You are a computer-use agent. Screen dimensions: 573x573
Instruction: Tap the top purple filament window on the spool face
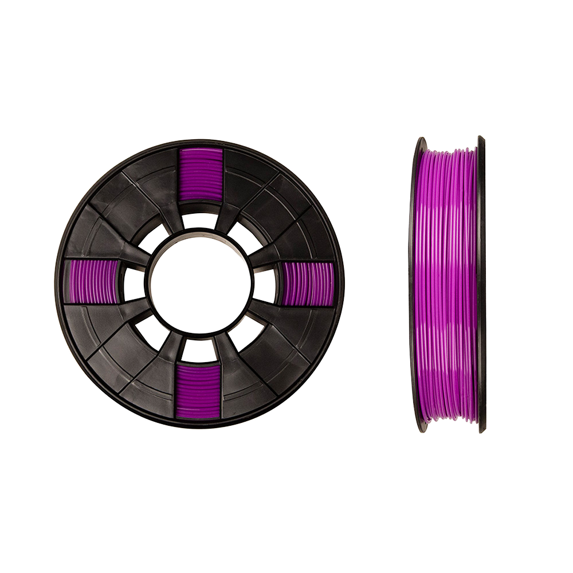[x=200, y=175]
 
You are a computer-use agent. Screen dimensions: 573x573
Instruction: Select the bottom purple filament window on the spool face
[x=199, y=393]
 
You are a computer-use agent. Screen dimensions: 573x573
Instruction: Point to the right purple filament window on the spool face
[x=308, y=283]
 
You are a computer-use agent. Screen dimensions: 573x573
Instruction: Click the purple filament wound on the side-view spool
[x=447, y=284]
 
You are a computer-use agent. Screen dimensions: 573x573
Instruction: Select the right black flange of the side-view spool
[x=481, y=284]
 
